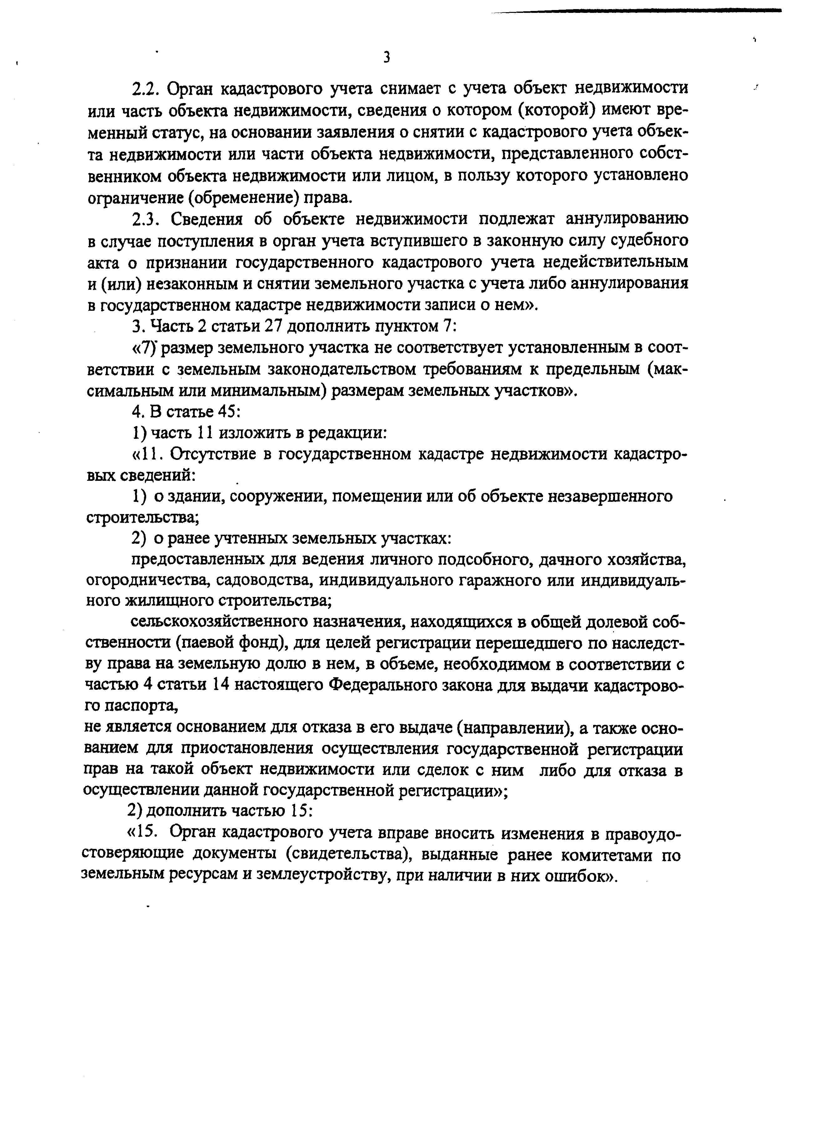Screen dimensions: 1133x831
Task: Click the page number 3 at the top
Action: (386, 57)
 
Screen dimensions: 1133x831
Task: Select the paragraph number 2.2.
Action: (145, 89)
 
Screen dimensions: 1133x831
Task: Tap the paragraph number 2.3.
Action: (145, 220)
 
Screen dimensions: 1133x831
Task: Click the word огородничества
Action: (148, 580)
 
